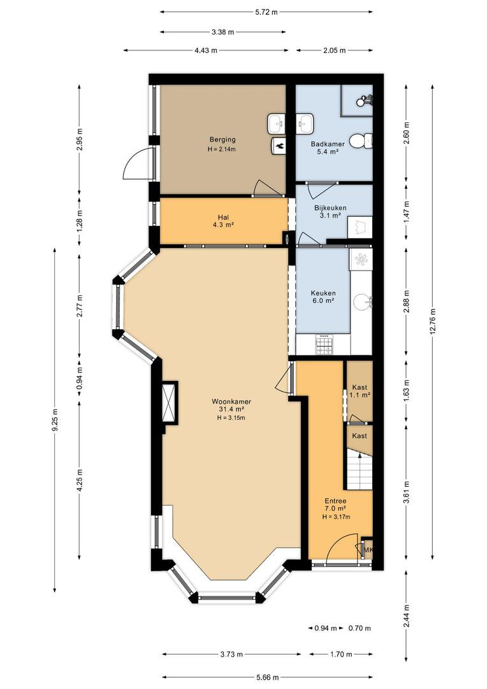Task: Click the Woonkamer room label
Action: click(x=231, y=409)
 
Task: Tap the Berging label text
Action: click(x=222, y=140)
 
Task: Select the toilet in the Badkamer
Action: click(x=363, y=140)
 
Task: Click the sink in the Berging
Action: click(x=276, y=124)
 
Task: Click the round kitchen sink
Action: click(x=363, y=300)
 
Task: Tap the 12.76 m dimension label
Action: click(x=433, y=322)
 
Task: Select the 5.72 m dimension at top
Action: click(x=266, y=12)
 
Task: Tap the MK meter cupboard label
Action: click(x=368, y=549)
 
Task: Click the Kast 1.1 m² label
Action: click(x=360, y=391)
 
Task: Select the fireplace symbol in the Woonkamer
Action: click(x=170, y=403)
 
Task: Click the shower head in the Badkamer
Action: click(x=364, y=101)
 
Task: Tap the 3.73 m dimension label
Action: click(x=231, y=655)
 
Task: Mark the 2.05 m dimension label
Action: click(x=335, y=50)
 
